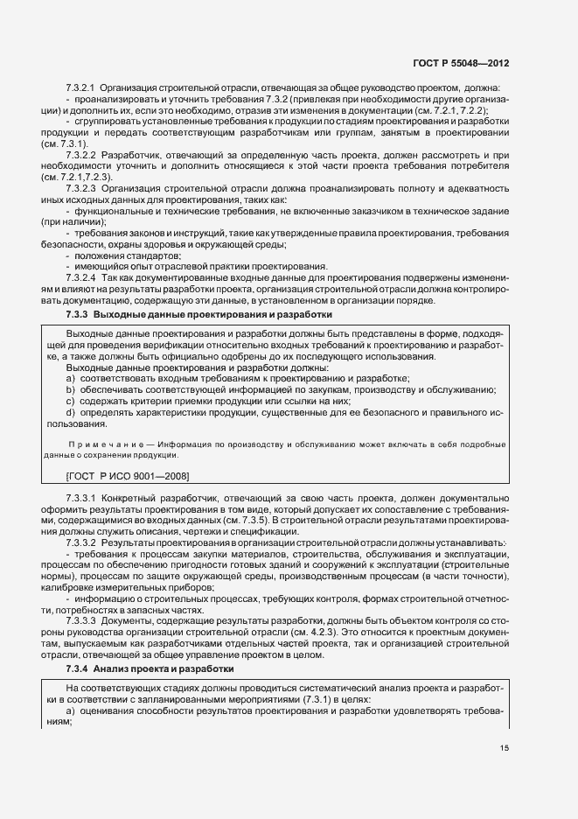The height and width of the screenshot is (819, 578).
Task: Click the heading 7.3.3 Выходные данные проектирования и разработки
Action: pyautogui.click(x=198, y=313)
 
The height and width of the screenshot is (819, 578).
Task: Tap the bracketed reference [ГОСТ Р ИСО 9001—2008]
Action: pyautogui.click(x=129, y=475)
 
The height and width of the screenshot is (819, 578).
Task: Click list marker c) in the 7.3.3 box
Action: pyautogui.click(x=72, y=400)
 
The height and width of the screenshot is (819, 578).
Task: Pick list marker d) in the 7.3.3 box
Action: pyautogui.click(x=72, y=411)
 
